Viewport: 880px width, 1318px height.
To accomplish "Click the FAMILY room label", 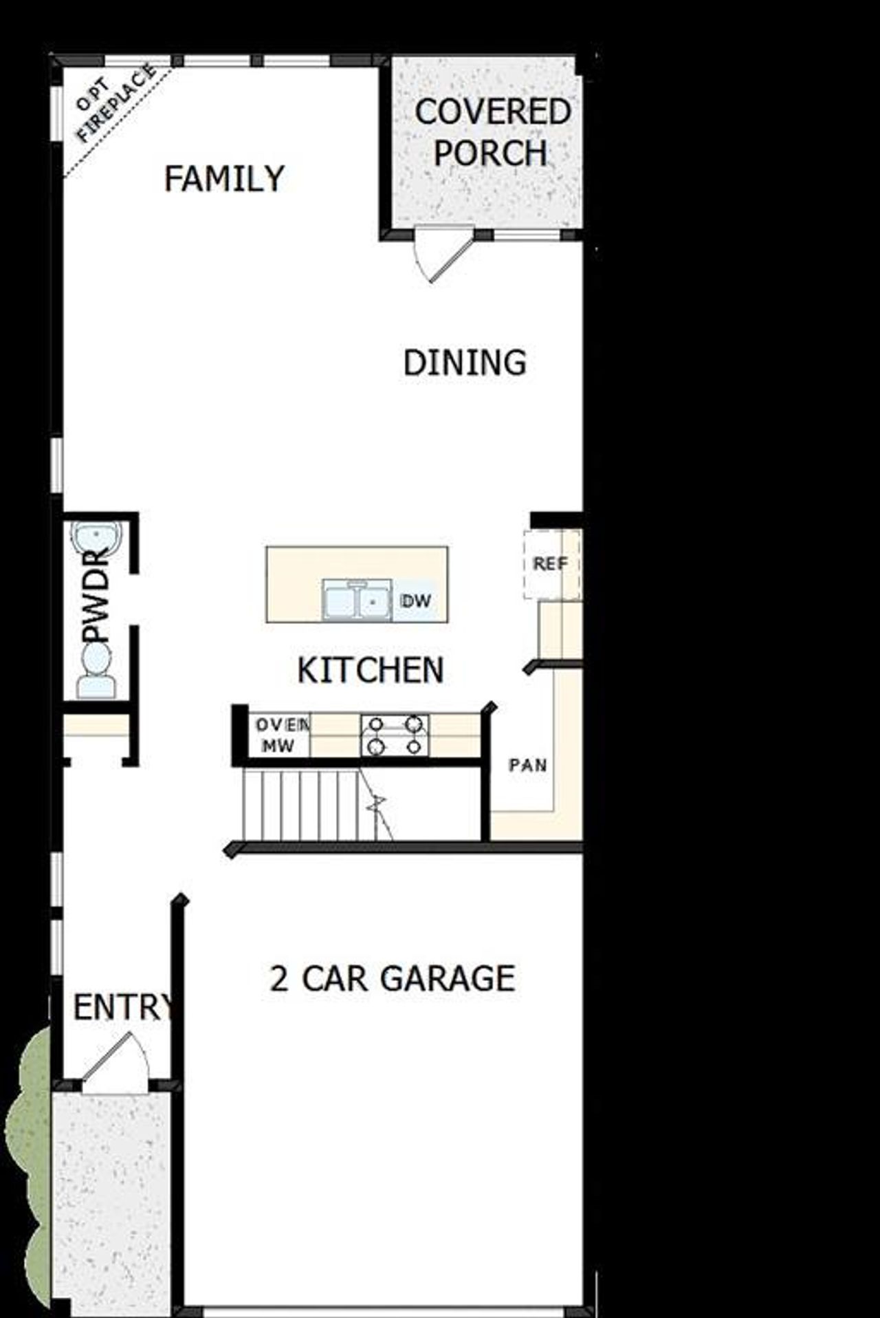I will [224, 179].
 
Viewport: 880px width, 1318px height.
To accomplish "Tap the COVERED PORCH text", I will [492, 132].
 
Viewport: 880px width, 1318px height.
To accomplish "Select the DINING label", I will [465, 363].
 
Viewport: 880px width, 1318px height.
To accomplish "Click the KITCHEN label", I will [371, 670].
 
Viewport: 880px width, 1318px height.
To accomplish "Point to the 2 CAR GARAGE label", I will [392, 978].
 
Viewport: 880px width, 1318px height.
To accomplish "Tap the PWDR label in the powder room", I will [97, 596].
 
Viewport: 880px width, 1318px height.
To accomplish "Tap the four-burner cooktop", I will [395, 735].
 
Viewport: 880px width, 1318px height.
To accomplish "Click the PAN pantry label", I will [527, 764].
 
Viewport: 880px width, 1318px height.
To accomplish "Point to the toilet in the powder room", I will [96, 671].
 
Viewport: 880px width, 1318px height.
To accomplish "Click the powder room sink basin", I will [97, 539].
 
